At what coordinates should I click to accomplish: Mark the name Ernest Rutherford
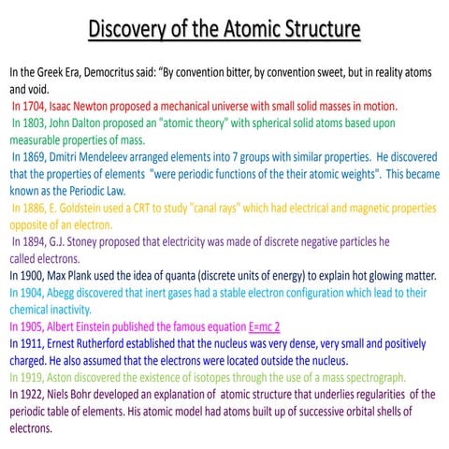tap(97, 343)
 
